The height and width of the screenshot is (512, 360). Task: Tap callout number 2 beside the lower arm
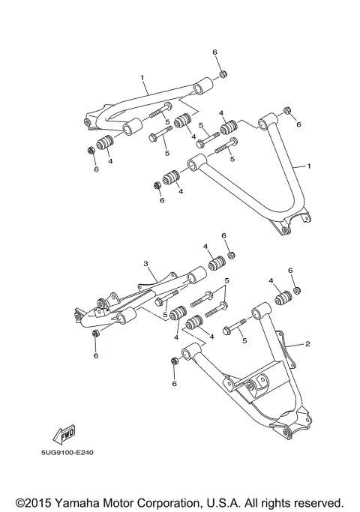pos(306,345)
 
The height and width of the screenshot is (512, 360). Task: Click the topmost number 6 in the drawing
pos(214,52)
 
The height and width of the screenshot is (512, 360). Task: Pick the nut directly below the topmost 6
pos(223,73)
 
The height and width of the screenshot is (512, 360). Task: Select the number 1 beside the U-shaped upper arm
pos(306,165)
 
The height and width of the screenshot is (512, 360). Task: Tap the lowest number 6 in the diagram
pos(174,383)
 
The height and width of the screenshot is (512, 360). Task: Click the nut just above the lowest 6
pos(174,362)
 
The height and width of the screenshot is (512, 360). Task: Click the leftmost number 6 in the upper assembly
pos(96,169)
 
